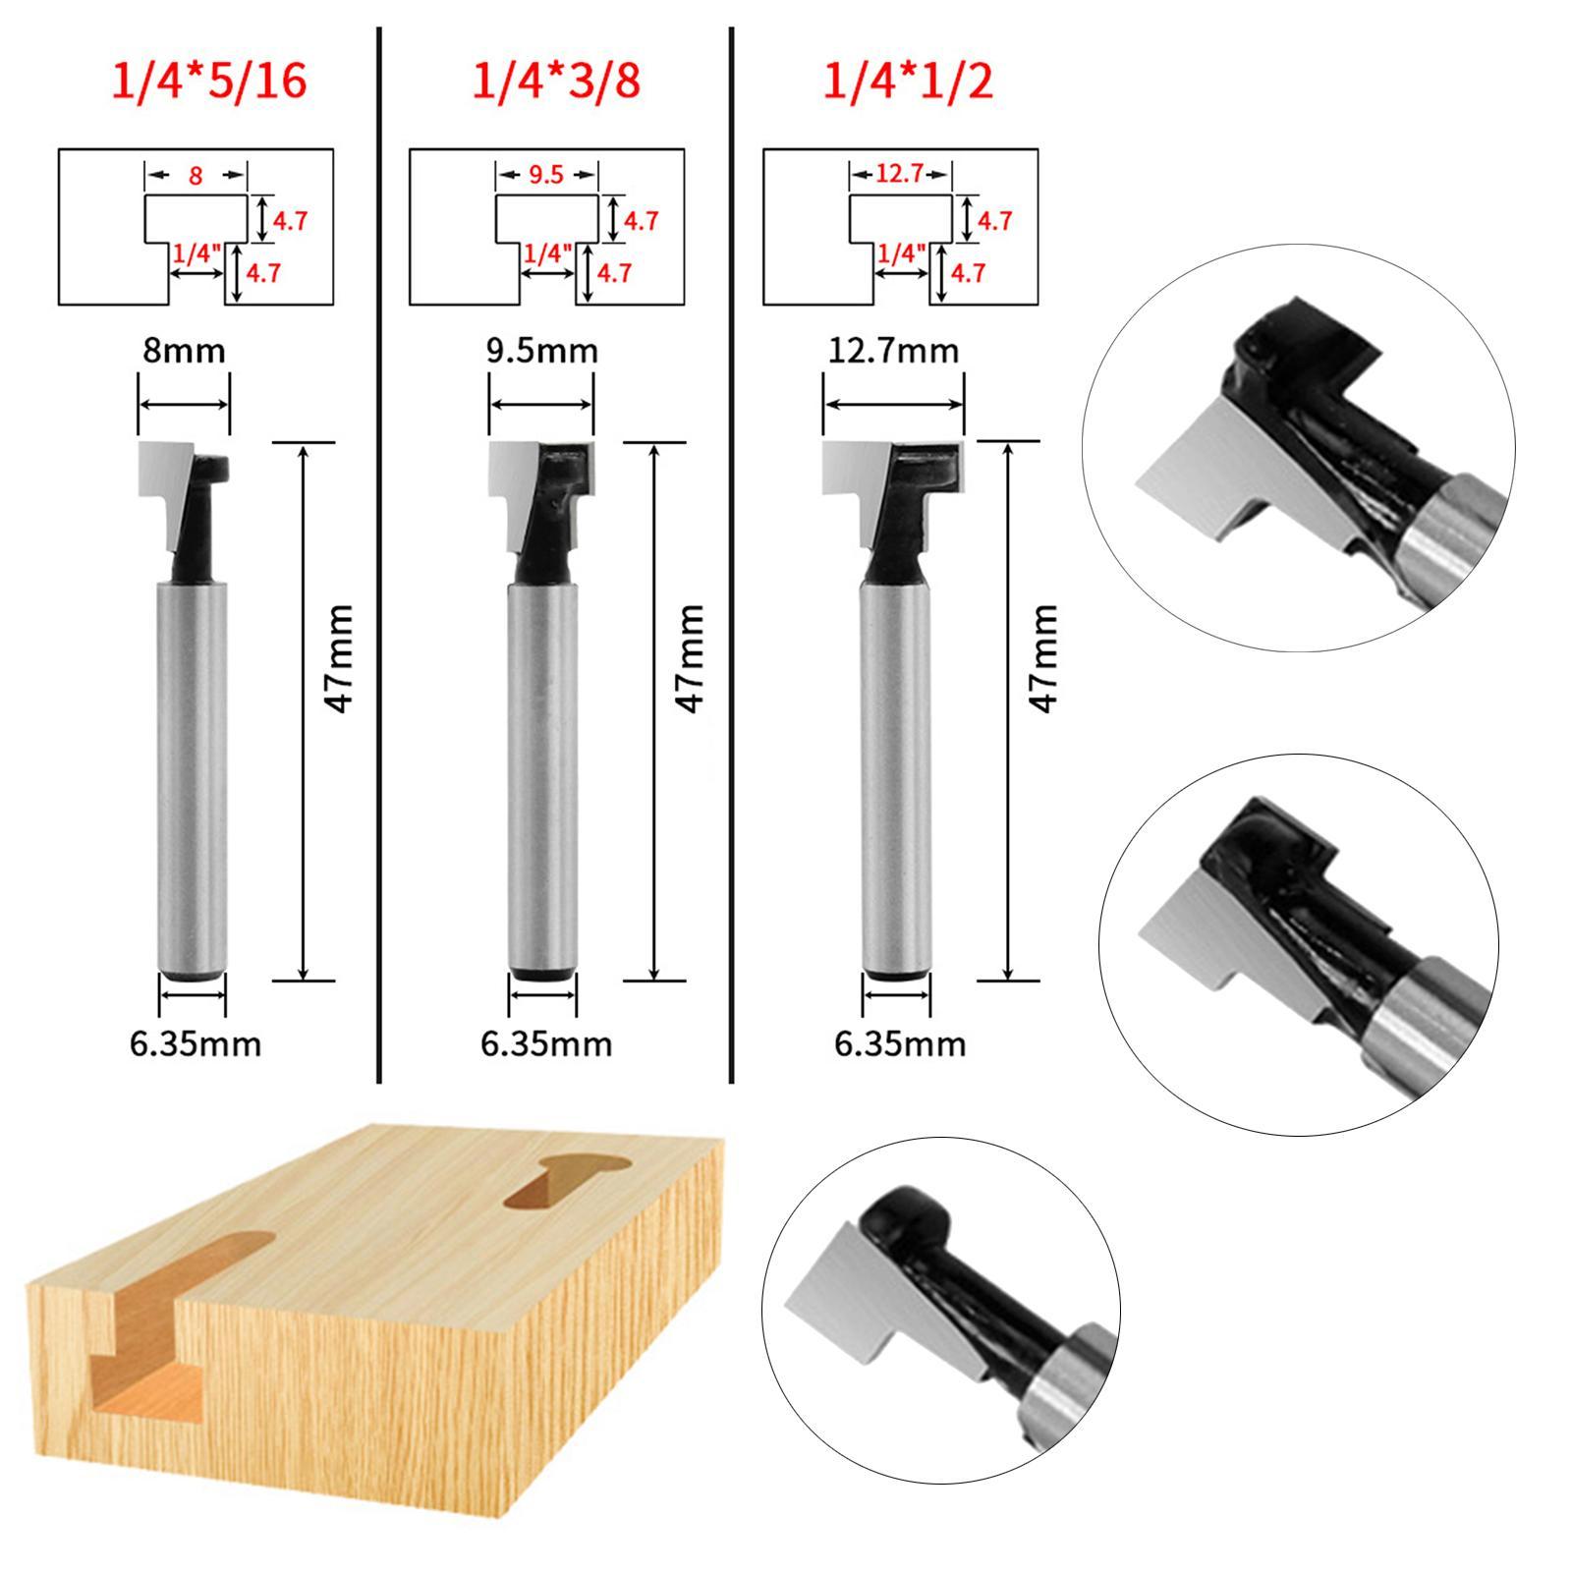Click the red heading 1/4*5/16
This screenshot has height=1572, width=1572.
click(x=208, y=81)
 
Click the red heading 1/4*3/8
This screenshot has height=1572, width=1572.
click(x=556, y=81)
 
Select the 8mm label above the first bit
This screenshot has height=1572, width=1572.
click(x=184, y=351)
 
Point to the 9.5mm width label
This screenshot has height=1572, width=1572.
click(x=541, y=351)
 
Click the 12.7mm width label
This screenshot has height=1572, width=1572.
click(x=892, y=351)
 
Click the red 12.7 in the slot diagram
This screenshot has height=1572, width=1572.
click(x=899, y=175)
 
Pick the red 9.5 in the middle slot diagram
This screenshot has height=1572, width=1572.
click(x=545, y=175)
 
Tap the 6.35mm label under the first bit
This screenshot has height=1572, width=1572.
click(x=196, y=1042)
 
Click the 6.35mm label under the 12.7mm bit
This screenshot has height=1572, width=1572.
click(x=899, y=1042)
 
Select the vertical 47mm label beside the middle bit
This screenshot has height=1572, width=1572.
click(x=690, y=658)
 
